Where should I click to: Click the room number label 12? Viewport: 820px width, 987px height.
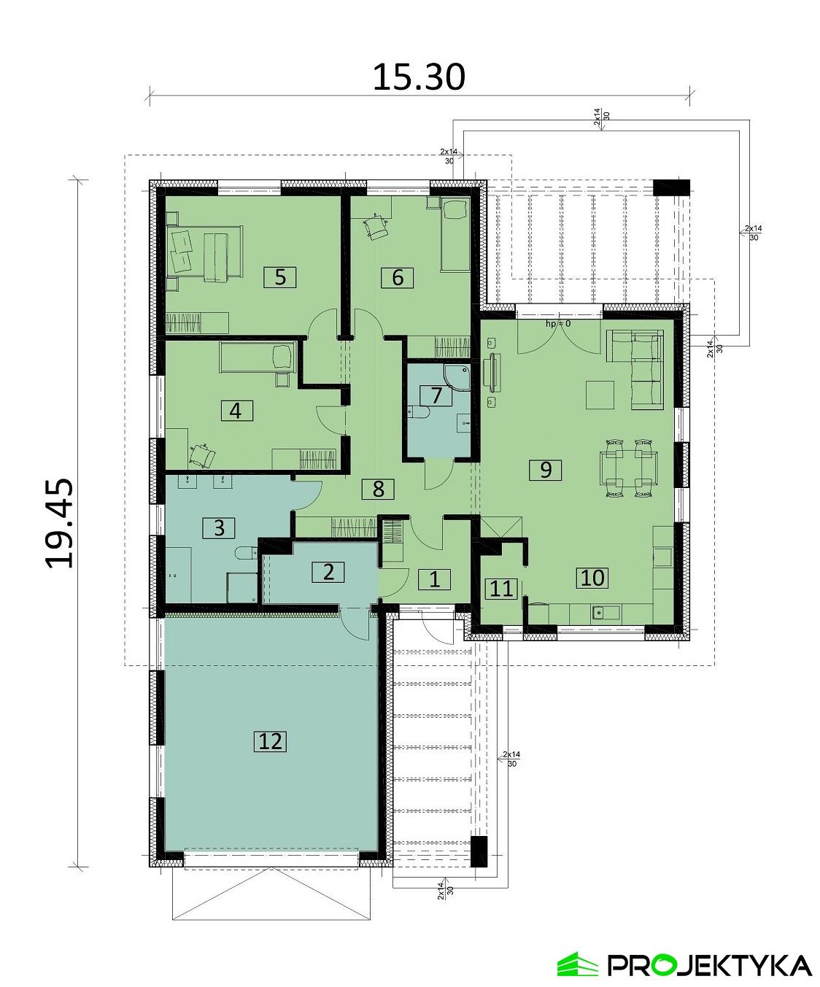(x=270, y=741)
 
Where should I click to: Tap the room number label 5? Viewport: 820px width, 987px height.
(x=280, y=277)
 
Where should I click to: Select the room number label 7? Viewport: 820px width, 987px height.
(x=436, y=395)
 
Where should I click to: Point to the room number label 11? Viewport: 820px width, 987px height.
(x=500, y=588)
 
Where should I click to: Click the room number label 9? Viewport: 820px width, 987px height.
(x=546, y=469)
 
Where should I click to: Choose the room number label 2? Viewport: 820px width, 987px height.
(x=328, y=571)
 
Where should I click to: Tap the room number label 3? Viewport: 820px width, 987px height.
(x=220, y=527)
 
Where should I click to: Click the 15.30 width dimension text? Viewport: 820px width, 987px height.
(x=418, y=77)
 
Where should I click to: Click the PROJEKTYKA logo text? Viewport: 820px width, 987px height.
(x=709, y=964)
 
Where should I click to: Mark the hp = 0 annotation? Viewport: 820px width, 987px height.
(x=557, y=322)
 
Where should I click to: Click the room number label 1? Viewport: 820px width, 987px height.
(x=434, y=579)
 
